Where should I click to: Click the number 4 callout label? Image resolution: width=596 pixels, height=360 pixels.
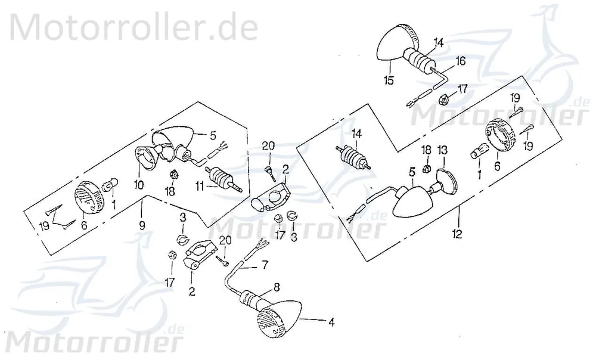coord(331,322)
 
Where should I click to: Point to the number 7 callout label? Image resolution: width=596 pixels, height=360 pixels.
coord(265,264)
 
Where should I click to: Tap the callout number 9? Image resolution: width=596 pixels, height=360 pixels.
coord(142,225)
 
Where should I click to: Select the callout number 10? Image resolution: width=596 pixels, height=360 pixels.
coord(139,185)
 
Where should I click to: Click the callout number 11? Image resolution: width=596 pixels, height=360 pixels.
coord(200,187)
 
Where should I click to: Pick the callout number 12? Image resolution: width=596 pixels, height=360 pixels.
coord(457,234)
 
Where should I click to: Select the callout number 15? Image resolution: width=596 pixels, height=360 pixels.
coord(389,80)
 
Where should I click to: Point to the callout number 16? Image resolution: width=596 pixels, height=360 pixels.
coord(460,61)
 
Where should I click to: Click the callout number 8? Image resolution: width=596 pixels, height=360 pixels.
coord(277,287)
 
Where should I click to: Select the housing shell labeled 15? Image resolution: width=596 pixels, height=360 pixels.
coord(394,42)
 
